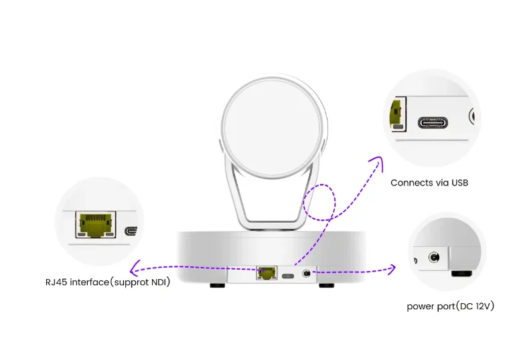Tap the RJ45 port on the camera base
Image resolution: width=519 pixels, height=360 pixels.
(266, 273)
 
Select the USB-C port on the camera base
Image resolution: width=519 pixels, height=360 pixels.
(288, 274)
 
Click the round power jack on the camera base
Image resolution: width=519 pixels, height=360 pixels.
(307, 273)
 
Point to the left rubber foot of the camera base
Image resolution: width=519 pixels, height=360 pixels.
(217, 286)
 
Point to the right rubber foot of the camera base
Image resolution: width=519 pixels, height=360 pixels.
(326, 286)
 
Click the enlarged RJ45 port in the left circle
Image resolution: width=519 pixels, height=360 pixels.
(94, 226)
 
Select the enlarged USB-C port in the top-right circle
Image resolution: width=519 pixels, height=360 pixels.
(435, 123)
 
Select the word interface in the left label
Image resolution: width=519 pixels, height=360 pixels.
(90, 282)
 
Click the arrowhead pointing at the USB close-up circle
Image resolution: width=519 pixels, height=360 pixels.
(380, 161)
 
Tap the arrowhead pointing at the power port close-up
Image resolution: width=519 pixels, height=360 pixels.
(393, 269)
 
